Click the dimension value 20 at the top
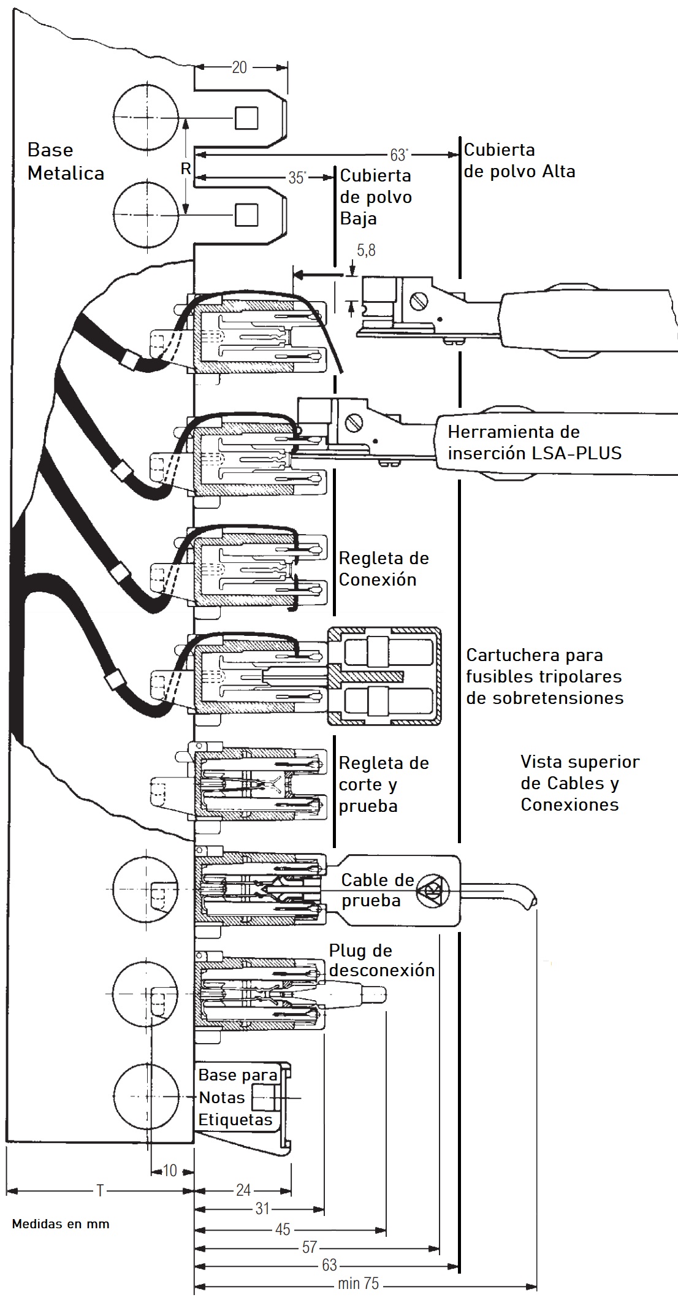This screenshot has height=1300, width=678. click(x=240, y=67)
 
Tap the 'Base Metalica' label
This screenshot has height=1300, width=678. click(x=66, y=161)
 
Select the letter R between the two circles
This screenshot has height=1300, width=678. click(x=186, y=169)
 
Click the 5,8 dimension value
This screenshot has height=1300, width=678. click(x=366, y=250)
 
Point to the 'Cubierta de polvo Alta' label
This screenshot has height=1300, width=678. click(x=519, y=160)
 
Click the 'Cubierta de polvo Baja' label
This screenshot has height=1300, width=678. click(x=376, y=197)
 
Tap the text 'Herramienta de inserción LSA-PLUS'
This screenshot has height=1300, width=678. click(x=534, y=442)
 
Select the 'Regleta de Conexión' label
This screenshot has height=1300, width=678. click(x=384, y=568)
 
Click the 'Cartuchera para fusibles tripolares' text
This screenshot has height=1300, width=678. click(x=544, y=676)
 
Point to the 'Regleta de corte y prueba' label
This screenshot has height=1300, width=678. click(x=384, y=784)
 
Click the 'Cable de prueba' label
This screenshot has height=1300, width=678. click(x=378, y=890)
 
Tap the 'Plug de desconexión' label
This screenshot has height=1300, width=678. click(x=381, y=960)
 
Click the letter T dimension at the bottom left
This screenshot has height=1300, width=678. click(x=100, y=1190)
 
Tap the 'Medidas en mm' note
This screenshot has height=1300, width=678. click(x=61, y=1224)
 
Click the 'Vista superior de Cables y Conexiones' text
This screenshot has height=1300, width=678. click(x=579, y=783)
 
